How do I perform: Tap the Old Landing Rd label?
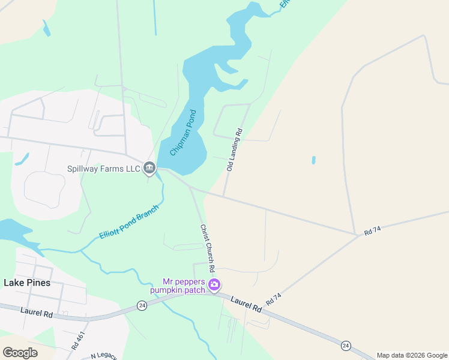point(235,150)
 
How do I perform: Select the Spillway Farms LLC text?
point(104,169)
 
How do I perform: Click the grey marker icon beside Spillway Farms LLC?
point(150,169)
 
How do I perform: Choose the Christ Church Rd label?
point(207,247)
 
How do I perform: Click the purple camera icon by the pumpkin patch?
point(214,284)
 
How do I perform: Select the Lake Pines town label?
point(27,282)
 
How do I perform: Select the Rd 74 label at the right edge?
point(373,231)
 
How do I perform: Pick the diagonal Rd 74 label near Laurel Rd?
point(273,300)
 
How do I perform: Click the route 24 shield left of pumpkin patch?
point(142,305)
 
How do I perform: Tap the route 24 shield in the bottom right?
point(346,346)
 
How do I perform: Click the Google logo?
point(20,353)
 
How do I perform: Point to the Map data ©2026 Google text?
point(412,356)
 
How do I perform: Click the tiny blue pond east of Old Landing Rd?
point(313,160)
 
